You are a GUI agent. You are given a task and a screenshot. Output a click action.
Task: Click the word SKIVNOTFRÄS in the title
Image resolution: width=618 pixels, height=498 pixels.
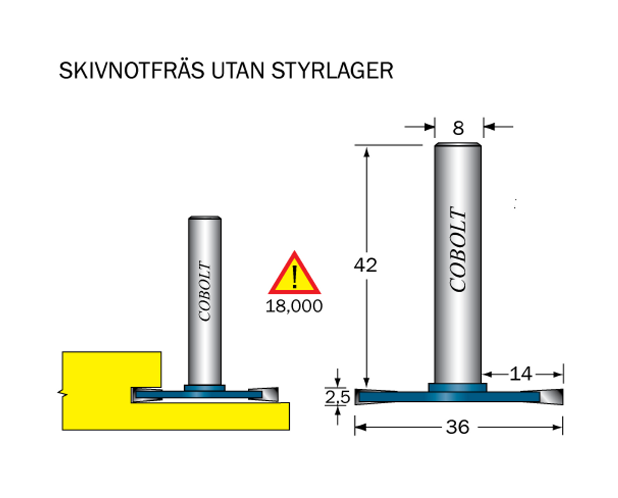(x=132, y=71)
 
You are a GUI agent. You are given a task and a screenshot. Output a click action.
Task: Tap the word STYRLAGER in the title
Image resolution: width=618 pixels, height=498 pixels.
(x=333, y=71)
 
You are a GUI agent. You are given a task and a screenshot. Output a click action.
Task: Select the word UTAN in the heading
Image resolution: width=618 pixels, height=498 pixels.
(x=238, y=71)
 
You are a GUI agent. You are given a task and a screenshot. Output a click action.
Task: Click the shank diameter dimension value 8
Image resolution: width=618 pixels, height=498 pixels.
(x=458, y=128)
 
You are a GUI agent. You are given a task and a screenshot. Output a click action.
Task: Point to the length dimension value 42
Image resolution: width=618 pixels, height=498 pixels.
(x=365, y=265)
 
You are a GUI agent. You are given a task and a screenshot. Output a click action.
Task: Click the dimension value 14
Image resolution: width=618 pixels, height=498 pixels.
(x=521, y=374)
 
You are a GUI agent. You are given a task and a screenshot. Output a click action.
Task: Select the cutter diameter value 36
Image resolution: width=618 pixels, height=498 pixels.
(x=457, y=427)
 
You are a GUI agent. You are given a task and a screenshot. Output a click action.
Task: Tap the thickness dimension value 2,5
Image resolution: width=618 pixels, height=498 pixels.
(x=337, y=397)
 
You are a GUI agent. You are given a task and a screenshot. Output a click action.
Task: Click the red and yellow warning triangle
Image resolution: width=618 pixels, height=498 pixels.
(x=295, y=273)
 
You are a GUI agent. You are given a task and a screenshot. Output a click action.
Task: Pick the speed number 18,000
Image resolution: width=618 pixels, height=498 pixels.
(x=294, y=307)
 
